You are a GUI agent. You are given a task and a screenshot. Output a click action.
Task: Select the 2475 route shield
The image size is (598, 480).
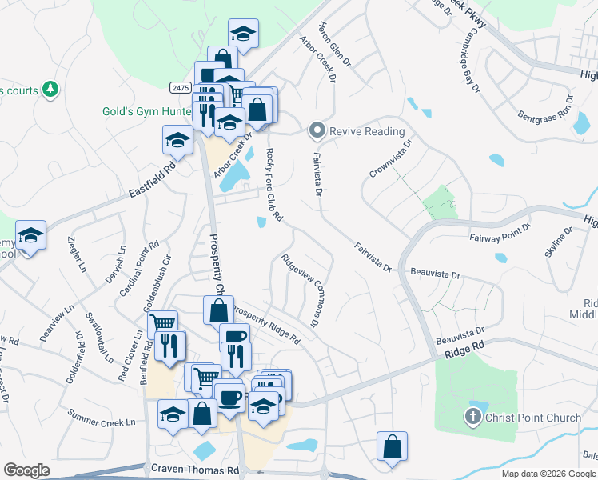178,86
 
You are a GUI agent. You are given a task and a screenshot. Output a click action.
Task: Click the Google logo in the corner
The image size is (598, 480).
26,470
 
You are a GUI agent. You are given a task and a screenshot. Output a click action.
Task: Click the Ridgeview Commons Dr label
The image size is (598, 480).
301,290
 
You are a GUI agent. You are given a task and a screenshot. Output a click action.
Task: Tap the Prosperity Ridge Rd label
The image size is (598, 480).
265,323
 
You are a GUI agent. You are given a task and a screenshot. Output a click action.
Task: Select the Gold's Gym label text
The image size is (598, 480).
144,111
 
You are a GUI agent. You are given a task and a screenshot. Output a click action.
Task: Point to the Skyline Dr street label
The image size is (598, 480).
558,242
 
